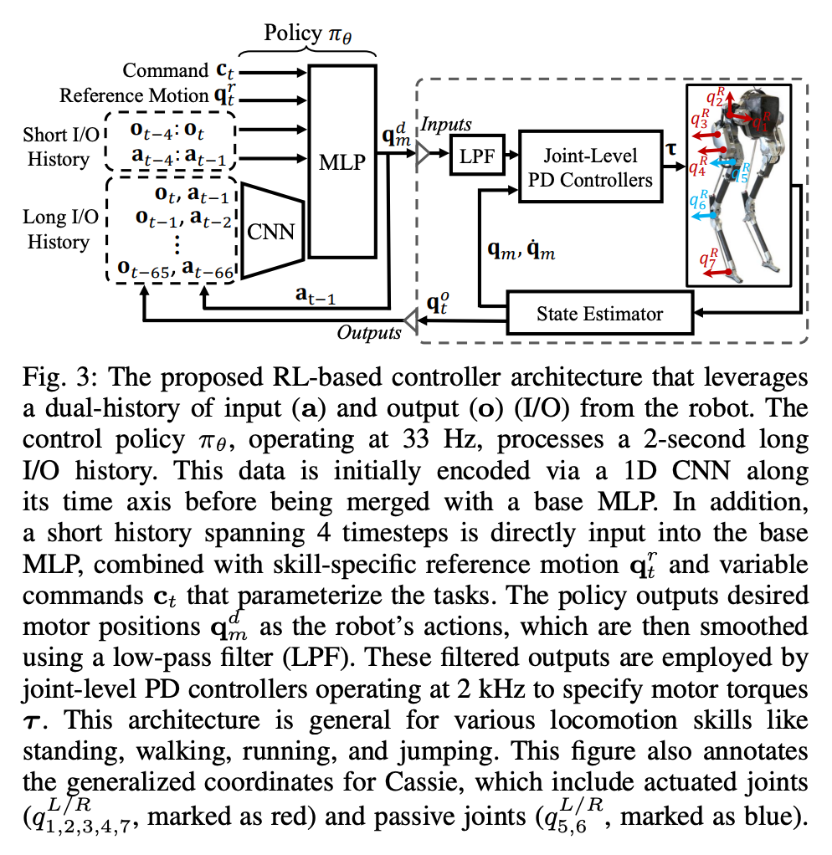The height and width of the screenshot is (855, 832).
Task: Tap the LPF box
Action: click(475, 155)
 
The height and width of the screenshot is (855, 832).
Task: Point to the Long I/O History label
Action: click(58, 230)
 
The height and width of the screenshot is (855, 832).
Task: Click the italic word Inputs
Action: click(446, 125)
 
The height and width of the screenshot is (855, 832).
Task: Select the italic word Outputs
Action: click(368, 332)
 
